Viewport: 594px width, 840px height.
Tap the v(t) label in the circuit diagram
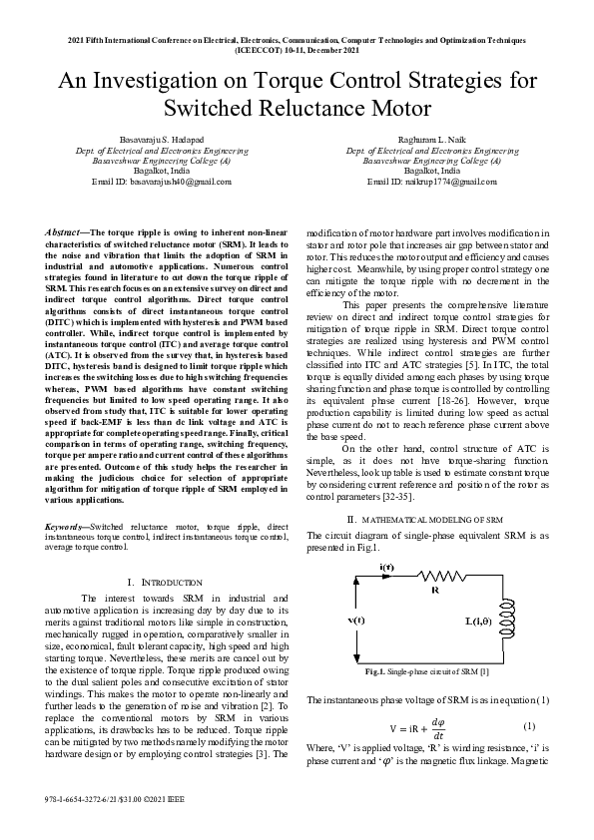coord(355,621)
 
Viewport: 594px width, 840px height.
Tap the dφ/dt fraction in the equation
coord(436,728)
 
